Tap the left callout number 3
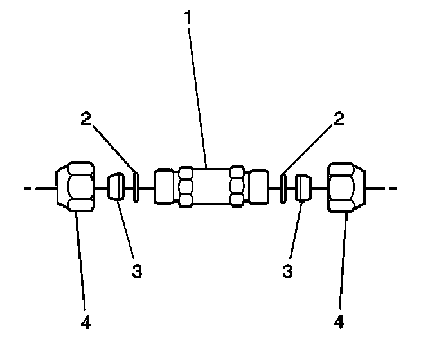click(x=136, y=270)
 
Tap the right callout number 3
click(x=287, y=270)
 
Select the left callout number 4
click(x=86, y=321)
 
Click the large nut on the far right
click(x=347, y=187)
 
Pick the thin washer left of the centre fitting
click(x=136, y=187)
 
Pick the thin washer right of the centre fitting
click(x=283, y=187)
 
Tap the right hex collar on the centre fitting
click(x=237, y=187)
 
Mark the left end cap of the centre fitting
click(x=165, y=187)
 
